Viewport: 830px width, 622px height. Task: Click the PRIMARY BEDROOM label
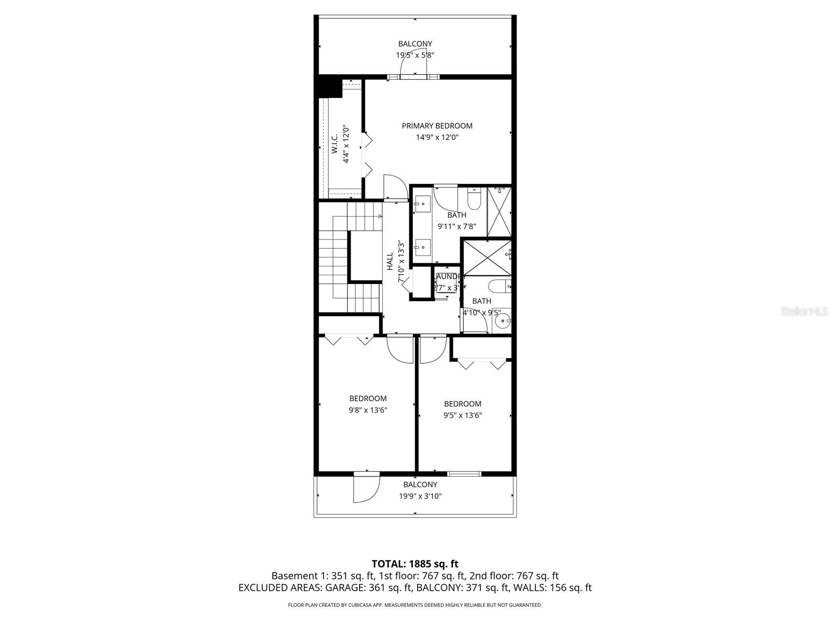point(437,126)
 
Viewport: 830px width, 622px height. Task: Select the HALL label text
point(390,261)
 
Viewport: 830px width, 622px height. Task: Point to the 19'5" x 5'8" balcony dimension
point(415,55)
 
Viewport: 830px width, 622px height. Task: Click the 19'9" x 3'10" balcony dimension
point(420,496)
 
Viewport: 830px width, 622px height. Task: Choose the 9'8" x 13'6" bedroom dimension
point(368,410)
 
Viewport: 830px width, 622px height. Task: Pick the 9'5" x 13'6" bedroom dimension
point(462,415)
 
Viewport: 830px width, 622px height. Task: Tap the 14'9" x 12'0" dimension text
point(437,137)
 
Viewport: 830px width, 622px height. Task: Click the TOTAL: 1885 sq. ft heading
point(415,564)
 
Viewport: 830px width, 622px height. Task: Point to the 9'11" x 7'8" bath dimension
point(457,227)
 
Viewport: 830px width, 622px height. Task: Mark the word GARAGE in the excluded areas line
point(345,588)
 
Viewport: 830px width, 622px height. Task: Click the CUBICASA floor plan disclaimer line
point(415,605)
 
